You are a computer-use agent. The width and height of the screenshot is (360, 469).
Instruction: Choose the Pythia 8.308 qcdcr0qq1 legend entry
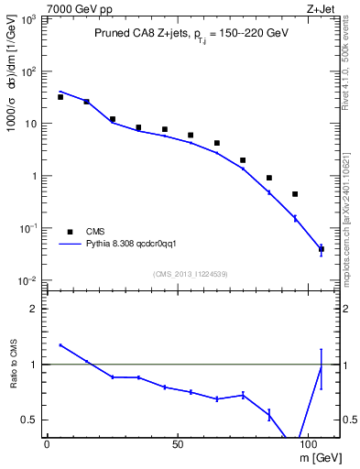pyautogui.click(x=128, y=245)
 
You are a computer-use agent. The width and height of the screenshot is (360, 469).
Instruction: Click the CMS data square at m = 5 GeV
pyautogui.click(x=60, y=96)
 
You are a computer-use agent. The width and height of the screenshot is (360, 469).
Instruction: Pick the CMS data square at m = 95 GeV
pyautogui.click(x=295, y=193)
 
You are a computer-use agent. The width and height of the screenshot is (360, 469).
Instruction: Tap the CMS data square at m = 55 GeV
pyautogui.click(x=191, y=135)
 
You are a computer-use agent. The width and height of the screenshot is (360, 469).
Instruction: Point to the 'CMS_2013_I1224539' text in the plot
pyautogui.click(x=191, y=272)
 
